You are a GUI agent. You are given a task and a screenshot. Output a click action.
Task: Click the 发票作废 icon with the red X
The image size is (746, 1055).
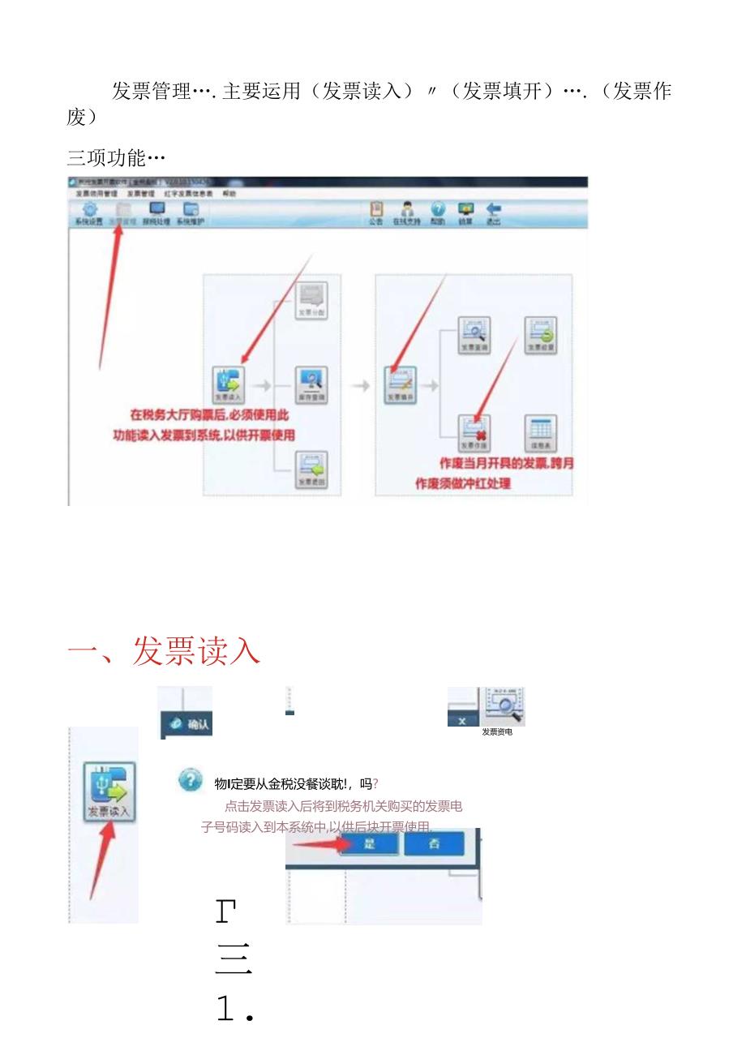474,430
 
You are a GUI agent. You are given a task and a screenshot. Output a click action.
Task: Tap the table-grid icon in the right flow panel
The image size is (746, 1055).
541,430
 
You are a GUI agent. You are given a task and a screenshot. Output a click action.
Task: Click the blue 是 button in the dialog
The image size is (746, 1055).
369,843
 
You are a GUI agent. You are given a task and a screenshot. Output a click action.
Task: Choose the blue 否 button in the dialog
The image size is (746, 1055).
434,843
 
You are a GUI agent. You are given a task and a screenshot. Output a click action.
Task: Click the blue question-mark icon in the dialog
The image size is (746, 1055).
190,781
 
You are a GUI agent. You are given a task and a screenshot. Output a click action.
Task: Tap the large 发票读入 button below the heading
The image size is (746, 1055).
109,791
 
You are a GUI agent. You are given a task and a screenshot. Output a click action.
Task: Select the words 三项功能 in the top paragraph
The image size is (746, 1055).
105,157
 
